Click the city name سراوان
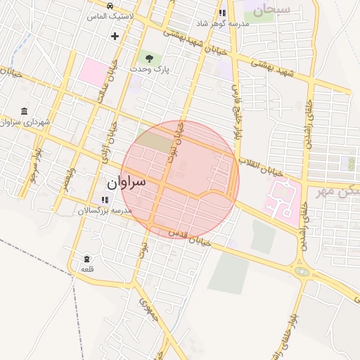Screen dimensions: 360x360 click(x=127, y=182)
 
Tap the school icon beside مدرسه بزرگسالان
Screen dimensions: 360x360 click(x=105, y=200)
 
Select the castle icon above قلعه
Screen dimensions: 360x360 click(x=86, y=259)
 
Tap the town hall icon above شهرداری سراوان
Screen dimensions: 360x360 click(x=25, y=111)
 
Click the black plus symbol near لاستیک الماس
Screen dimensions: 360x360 click(x=115, y=36)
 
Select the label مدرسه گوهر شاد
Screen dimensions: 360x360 click(x=203, y=23)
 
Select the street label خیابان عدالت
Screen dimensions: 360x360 click(x=106, y=82)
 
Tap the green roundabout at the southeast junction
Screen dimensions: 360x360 click(x=302, y=271)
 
